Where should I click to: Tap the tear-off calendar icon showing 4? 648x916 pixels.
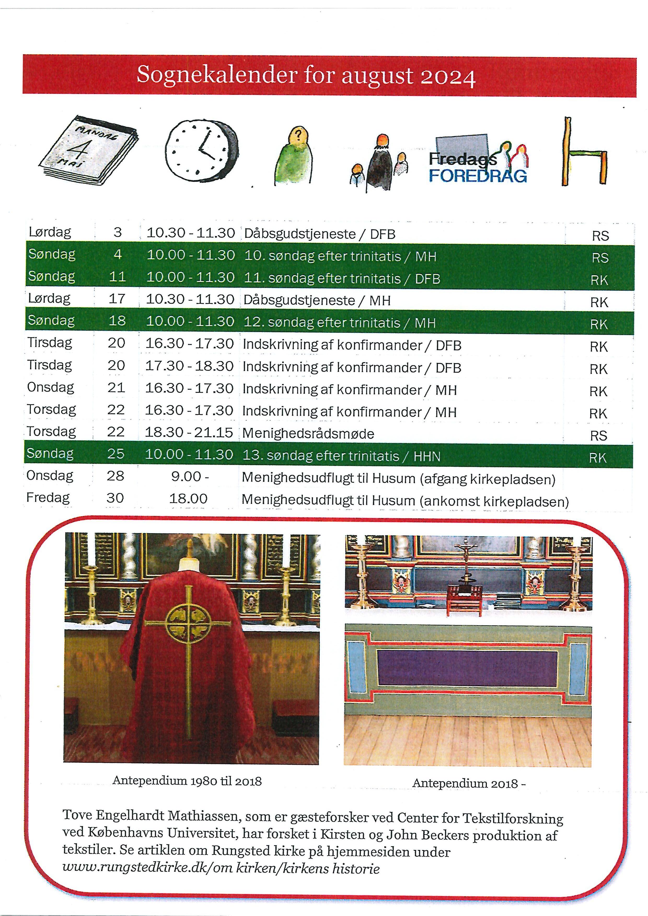(89, 150)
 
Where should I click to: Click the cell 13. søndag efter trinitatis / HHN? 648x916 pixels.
(341, 456)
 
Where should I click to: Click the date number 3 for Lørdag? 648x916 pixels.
(117, 232)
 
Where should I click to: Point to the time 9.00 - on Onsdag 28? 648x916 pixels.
(190, 476)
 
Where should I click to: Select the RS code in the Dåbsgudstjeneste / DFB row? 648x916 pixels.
(600, 236)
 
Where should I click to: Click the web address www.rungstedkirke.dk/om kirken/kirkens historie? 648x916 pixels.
(221, 868)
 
